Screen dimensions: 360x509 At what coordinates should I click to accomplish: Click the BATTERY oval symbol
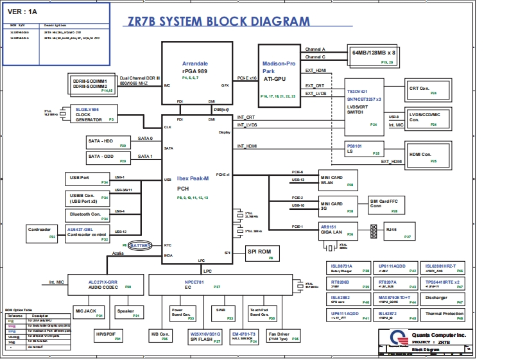click(141, 245)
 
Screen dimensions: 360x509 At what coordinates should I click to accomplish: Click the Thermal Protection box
click(444, 315)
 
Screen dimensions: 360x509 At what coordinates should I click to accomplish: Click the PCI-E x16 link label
click(247, 78)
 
